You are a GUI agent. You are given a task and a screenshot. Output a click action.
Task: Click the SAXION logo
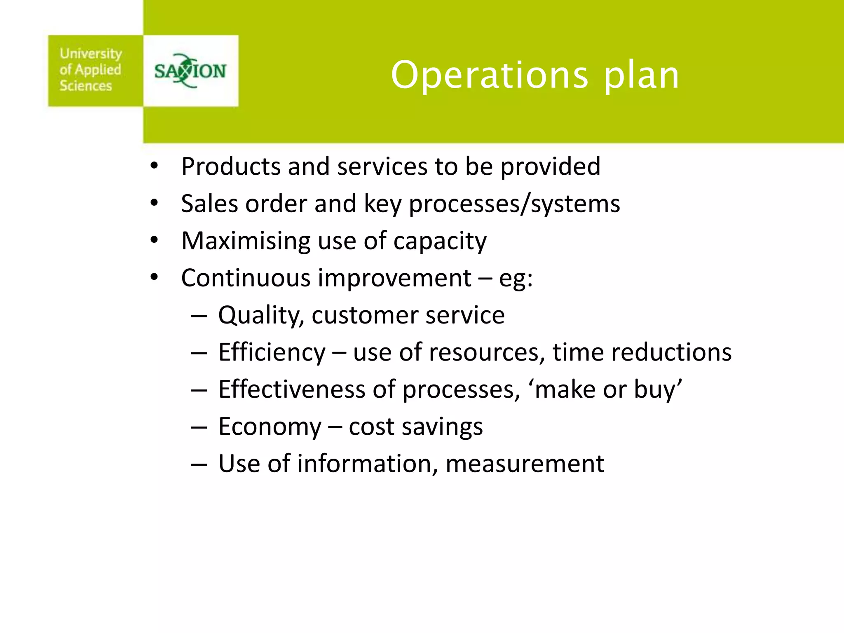[x=190, y=71]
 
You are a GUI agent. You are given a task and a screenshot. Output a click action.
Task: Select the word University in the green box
[x=91, y=54]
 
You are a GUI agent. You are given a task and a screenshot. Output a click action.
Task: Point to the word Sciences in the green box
[x=86, y=86]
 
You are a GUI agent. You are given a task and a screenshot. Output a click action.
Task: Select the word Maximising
[x=246, y=241]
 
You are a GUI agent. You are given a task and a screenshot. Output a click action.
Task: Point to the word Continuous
[x=246, y=278]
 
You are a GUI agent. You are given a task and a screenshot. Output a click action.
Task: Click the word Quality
[x=261, y=316]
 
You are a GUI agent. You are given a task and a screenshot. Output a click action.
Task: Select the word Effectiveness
[x=291, y=389]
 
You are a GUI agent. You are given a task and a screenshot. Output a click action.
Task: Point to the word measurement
[x=524, y=464]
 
